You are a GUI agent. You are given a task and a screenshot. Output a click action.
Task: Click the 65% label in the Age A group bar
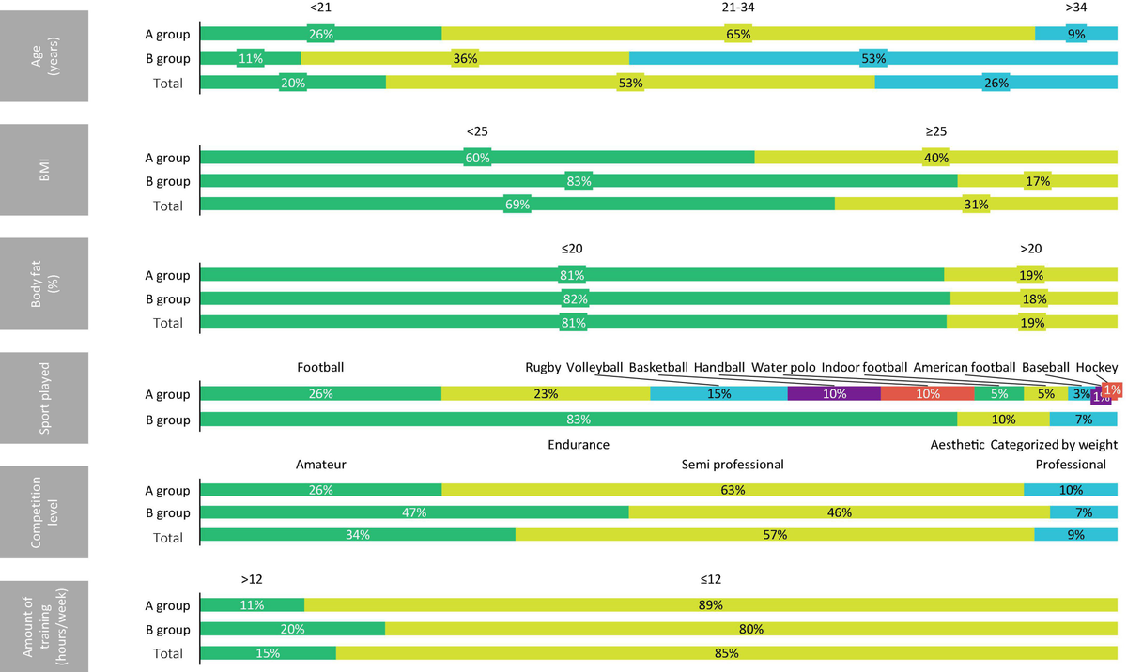coord(737,34)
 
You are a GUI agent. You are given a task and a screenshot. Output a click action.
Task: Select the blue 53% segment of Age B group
coord(873,58)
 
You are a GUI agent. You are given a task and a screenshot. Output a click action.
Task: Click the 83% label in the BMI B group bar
coord(579,182)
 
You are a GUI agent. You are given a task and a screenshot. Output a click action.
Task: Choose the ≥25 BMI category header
coord(935,131)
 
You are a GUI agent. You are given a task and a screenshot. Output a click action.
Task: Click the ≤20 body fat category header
coord(572,249)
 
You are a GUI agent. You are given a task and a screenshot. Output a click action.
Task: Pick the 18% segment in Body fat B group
coord(1033,299)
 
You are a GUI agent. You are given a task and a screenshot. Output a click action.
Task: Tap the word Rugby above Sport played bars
coord(543,367)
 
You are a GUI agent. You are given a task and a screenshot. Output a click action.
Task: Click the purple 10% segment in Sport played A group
coord(834,394)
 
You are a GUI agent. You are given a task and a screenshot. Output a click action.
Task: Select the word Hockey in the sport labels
coord(1097,367)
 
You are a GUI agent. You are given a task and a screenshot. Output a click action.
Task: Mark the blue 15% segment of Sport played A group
coord(718,394)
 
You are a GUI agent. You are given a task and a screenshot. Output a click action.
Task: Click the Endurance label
coord(579,445)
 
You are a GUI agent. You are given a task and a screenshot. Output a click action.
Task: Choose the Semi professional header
coord(733,465)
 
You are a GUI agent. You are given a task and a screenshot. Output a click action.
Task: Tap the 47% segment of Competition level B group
coord(414,512)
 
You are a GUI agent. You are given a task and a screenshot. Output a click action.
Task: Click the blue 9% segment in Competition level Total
coord(1075,535)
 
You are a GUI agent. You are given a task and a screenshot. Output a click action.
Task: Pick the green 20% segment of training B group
coord(292,630)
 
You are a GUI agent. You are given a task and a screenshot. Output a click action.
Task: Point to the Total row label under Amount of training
coord(168,653)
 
